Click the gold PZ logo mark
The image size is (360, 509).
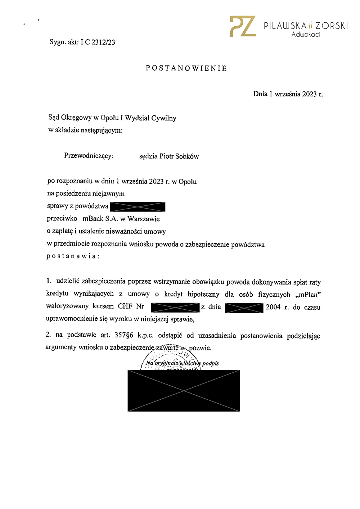click(243, 26)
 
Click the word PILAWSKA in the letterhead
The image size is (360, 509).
click(285, 26)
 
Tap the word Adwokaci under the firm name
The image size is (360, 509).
click(306, 35)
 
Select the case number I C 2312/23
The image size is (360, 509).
click(98, 42)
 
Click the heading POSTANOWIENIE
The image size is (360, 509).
click(186, 68)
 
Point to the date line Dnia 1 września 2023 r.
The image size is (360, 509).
click(288, 94)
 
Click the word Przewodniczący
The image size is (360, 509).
click(89, 156)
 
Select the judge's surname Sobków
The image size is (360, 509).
click(187, 156)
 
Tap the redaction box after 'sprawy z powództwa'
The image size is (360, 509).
click(138, 207)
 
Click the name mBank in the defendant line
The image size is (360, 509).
click(93, 219)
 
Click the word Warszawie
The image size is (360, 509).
click(144, 219)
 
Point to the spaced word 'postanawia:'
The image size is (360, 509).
click(73, 256)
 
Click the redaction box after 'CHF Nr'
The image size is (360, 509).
click(175, 308)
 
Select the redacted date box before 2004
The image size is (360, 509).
click(244, 308)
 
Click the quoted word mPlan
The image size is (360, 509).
click(309, 295)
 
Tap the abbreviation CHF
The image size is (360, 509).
click(125, 306)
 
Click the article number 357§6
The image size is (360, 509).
click(124, 335)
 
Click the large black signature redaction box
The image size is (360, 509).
click(184, 391)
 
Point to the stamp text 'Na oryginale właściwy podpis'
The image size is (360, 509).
click(183, 363)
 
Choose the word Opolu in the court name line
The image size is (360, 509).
click(109, 118)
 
